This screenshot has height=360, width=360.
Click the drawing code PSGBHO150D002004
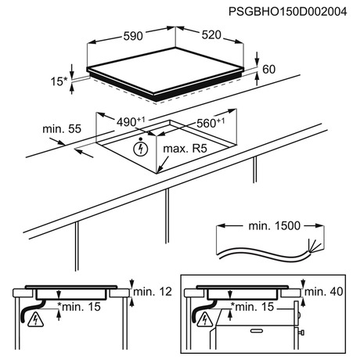point(288,12)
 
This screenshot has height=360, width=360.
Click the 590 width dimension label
point(133,36)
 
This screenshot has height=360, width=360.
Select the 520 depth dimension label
point(211,34)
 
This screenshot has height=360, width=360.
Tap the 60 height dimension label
point(268,70)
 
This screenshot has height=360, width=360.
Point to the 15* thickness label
point(59,81)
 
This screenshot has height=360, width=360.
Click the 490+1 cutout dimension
point(131,122)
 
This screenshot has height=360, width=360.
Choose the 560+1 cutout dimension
point(211,123)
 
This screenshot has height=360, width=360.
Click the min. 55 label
point(62,129)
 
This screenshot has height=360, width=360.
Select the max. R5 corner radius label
point(185,149)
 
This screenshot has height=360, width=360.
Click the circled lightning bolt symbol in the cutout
point(141,149)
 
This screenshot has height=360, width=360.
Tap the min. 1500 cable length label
point(275,225)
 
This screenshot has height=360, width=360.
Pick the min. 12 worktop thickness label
point(153,291)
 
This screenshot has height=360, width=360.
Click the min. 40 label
point(323,291)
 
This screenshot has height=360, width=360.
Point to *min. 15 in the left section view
point(79,307)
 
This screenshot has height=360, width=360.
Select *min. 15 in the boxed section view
point(252,307)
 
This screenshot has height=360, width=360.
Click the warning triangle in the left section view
point(35,320)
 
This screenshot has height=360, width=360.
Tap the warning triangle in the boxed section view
point(206,320)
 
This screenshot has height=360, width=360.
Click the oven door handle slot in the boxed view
point(257,331)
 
